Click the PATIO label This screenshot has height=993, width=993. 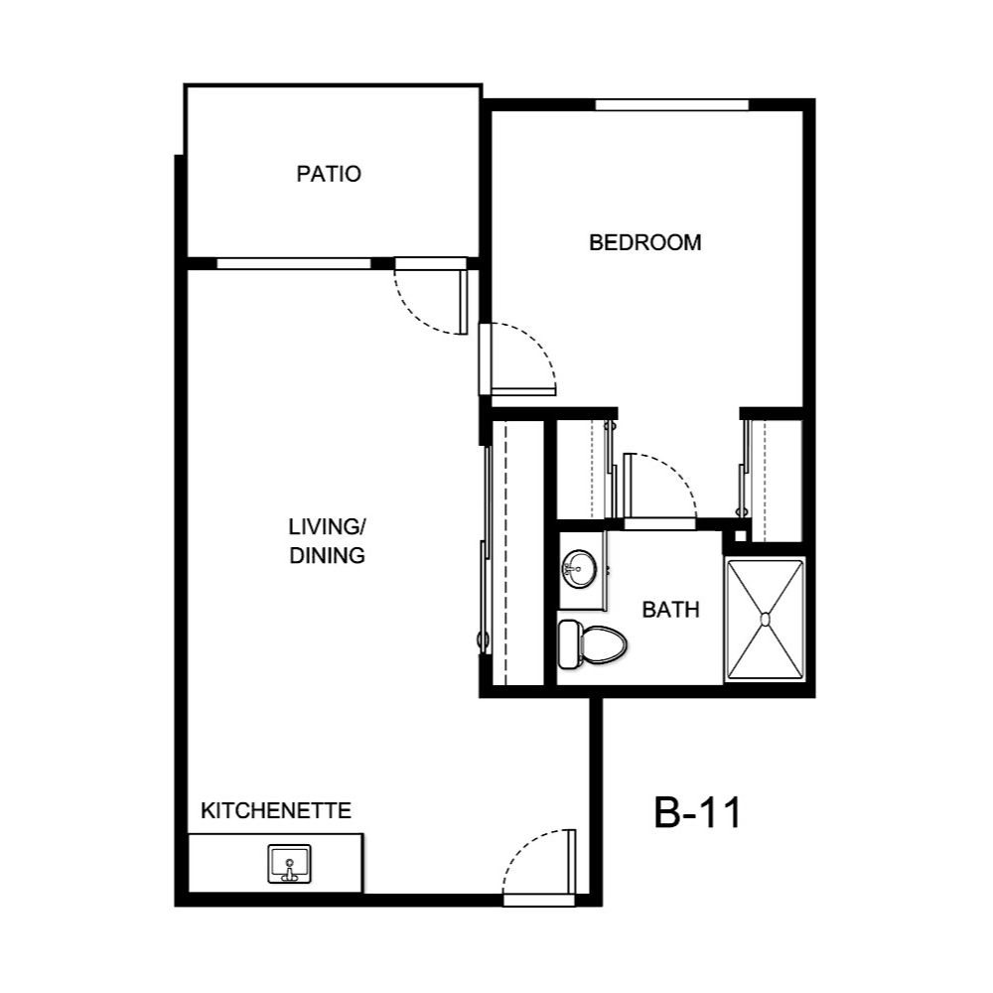pyautogui.click(x=329, y=175)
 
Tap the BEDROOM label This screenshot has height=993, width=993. pyautogui.click(x=645, y=242)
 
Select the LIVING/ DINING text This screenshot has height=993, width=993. pyautogui.click(x=327, y=541)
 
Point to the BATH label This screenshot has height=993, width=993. pyautogui.click(x=670, y=610)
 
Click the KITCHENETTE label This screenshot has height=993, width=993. pyautogui.click(x=276, y=811)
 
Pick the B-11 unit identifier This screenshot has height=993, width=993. pyautogui.click(x=698, y=813)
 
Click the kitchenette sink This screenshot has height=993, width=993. pyautogui.click(x=289, y=864)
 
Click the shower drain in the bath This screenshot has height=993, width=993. pyautogui.click(x=765, y=619)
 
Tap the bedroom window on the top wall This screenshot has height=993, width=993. pyautogui.click(x=671, y=104)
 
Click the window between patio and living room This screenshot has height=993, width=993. pyautogui.click(x=293, y=263)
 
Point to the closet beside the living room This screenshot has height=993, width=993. pyautogui.click(x=517, y=552)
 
